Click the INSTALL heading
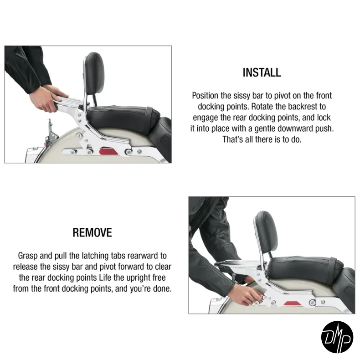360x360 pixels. point(262,72)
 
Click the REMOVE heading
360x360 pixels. point(93,232)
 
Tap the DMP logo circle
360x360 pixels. point(337,337)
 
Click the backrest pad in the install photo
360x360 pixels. point(94,73)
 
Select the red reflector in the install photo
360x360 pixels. point(108,152)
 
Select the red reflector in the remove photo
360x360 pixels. point(292,303)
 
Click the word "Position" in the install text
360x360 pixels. point(205,96)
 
